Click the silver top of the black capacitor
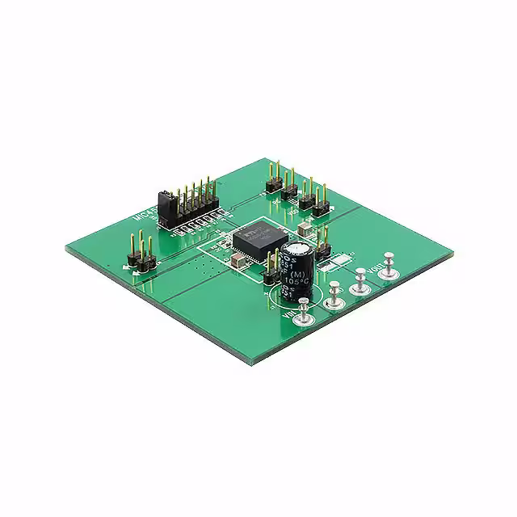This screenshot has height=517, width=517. (296, 246)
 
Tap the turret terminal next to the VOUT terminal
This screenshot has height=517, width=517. (360, 280)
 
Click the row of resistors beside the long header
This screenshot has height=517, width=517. (197, 227)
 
